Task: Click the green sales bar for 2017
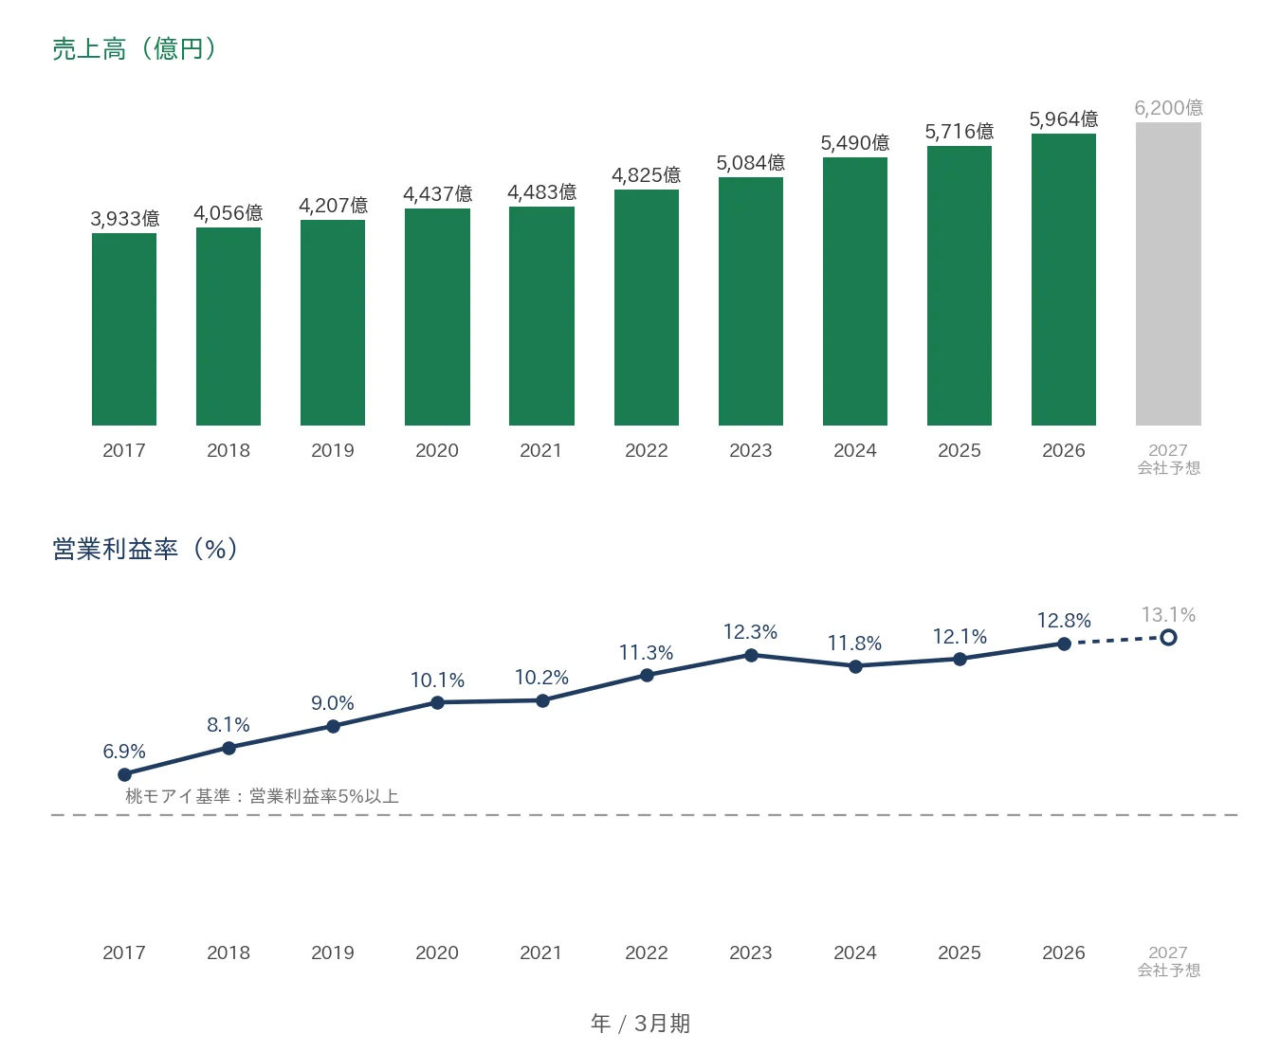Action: [124, 330]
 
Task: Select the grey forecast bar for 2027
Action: [1168, 274]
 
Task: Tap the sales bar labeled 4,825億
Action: [646, 308]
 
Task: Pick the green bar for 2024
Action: [854, 291]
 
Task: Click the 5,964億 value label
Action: [1063, 118]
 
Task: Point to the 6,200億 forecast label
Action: [1168, 108]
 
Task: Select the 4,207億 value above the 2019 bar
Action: [333, 206]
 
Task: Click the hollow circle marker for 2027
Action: [1168, 638]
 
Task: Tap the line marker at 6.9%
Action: [124, 774]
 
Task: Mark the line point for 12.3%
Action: [751, 655]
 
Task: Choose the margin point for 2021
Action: [542, 700]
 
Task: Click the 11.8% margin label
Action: [854, 644]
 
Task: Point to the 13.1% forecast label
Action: [1168, 614]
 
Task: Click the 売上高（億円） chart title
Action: [135, 48]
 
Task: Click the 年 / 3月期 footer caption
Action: [640, 1024]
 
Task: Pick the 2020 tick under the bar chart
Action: [437, 451]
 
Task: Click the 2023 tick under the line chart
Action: [751, 953]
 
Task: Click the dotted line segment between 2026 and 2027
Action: [1116, 641]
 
